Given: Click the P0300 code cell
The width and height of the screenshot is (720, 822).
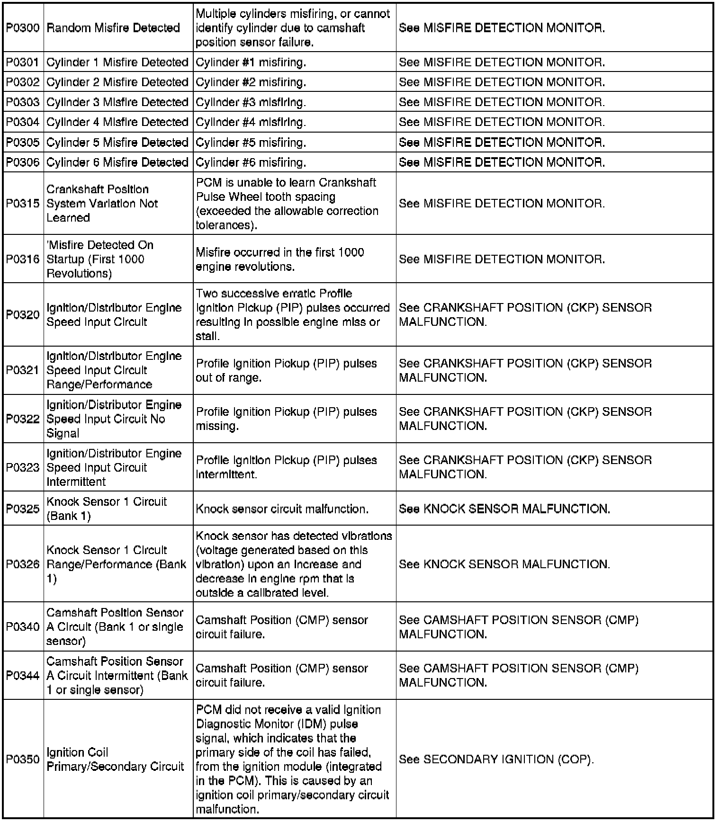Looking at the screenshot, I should point(23,28).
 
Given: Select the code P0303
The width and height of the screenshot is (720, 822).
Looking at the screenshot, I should point(23,102).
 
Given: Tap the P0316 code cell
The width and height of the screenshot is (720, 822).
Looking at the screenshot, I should point(23,259).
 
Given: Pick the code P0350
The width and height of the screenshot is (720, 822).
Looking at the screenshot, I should point(23,759).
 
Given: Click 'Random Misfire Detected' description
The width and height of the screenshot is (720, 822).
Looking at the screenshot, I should point(113,28).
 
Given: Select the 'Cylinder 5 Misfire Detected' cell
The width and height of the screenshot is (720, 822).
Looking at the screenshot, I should point(117,143).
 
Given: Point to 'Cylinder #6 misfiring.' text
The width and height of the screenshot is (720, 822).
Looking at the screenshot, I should point(251,162).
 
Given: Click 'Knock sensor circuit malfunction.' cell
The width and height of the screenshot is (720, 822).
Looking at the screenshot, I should point(282,509).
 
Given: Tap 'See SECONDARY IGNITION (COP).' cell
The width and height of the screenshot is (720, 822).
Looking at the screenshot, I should point(496,759).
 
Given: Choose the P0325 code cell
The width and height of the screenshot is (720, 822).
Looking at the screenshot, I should point(23,509).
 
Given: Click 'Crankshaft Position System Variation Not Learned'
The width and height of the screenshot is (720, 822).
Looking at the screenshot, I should point(102,204).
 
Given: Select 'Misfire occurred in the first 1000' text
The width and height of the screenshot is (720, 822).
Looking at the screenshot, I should point(280,252).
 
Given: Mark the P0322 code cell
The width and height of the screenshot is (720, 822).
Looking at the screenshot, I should point(23,419).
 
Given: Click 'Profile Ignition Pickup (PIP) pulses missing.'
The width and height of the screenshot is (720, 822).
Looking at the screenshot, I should point(286,419).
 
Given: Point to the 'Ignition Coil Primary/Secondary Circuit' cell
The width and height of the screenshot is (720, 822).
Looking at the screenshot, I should point(115,759).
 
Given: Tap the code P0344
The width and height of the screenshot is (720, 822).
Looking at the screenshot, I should point(23,676).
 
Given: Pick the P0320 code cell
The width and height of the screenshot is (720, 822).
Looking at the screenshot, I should point(23,315).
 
